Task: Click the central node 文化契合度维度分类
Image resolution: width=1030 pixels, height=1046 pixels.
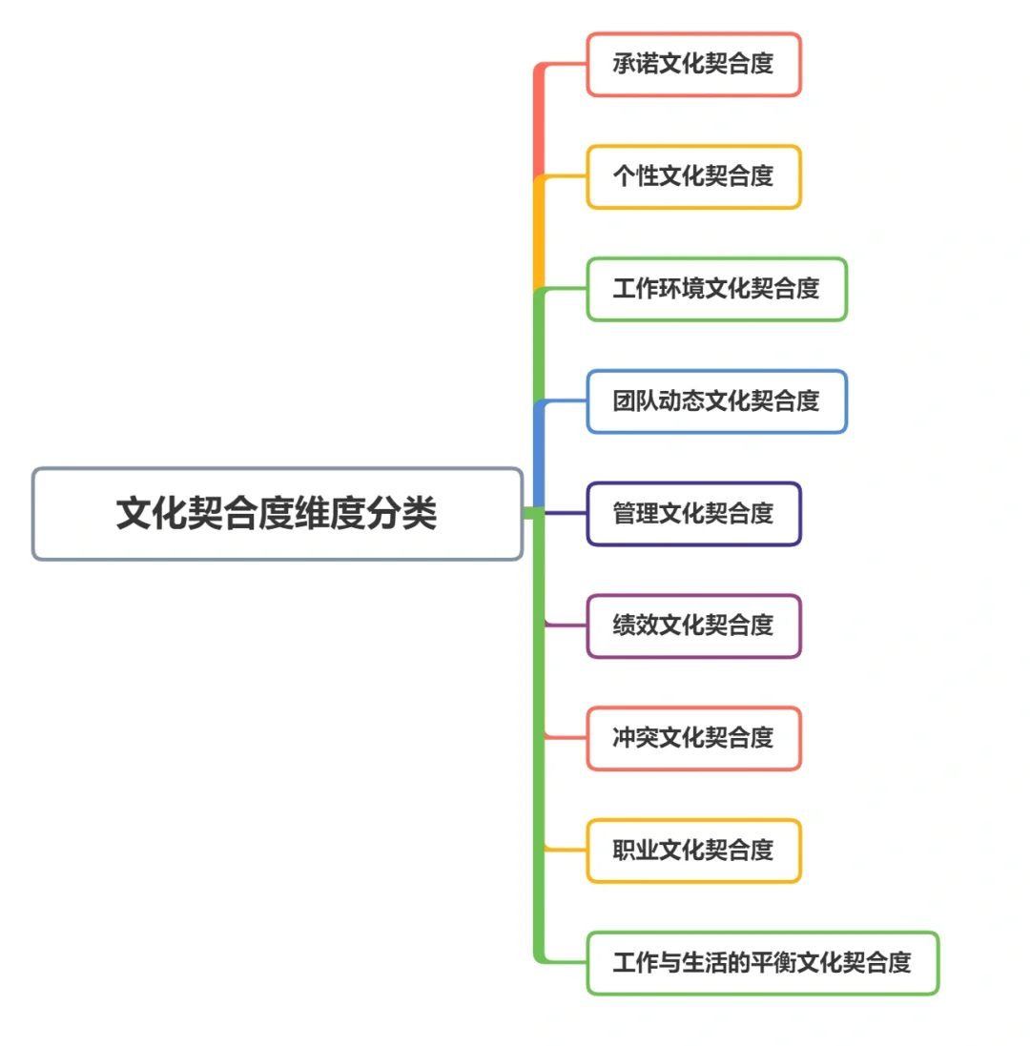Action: point(277,514)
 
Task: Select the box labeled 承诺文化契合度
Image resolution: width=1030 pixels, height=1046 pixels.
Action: point(693,65)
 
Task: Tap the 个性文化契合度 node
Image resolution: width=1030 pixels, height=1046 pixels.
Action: point(693,176)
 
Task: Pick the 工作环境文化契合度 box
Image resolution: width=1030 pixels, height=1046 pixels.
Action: point(716,289)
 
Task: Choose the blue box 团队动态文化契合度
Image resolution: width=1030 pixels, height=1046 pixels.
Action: point(716,401)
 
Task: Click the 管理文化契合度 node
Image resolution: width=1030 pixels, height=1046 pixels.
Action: point(693,514)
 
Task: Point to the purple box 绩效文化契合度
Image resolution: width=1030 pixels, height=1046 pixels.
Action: point(693,626)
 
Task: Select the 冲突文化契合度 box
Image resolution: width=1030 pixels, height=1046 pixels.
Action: point(693,738)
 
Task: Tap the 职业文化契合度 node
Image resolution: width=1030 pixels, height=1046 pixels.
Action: point(693,851)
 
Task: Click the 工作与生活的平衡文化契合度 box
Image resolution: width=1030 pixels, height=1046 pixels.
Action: point(762,963)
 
